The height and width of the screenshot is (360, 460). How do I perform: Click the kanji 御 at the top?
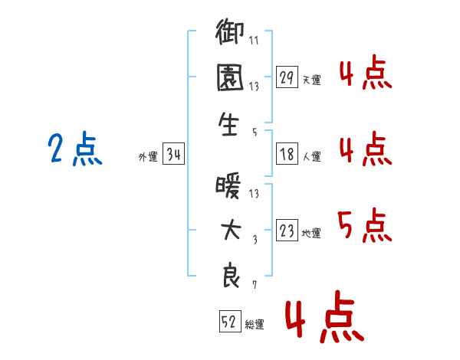click(230, 32)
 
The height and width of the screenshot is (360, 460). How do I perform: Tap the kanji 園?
click(230, 77)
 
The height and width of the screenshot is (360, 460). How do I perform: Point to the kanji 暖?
click(228, 186)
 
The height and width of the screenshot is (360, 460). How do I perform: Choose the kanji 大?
click(231, 230)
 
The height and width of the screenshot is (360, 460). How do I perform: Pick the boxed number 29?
click(287, 77)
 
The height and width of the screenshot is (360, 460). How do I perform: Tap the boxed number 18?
click(287, 154)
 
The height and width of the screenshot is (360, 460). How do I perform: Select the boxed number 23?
click(287, 230)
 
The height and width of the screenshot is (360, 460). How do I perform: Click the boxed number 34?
click(173, 154)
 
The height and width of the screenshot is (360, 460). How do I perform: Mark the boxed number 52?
click(230, 321)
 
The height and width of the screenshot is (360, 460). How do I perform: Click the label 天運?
click(312, 80)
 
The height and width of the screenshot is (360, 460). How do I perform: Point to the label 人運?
click(312, 156)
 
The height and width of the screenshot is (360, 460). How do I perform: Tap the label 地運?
click(311, 234)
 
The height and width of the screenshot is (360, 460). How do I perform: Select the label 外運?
click(148, 157)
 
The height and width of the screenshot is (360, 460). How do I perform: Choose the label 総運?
click(255, 325)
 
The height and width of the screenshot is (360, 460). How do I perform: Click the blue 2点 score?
click(75, 149)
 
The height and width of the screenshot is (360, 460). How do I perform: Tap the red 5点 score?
click(365, 225)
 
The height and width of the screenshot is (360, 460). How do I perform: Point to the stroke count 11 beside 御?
click(254, 40)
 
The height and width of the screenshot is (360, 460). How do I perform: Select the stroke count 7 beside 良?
click(255, 285)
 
